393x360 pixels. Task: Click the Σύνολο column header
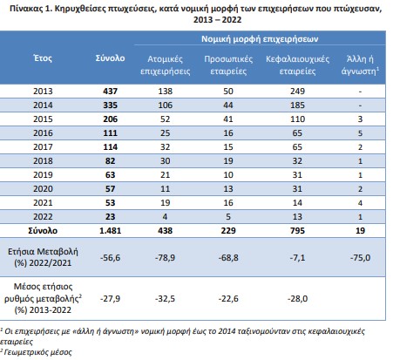110,58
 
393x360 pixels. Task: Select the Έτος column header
43,58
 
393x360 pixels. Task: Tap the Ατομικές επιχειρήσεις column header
166,65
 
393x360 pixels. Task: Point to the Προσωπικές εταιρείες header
228,65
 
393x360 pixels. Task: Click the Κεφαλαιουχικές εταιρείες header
298,65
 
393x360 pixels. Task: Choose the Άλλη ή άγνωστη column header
360,65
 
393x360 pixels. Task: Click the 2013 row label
43,92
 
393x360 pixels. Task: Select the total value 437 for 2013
110,92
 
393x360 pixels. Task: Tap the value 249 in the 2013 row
297,92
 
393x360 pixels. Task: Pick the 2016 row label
43,133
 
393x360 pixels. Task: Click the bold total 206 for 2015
110,119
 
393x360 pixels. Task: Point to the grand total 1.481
110,231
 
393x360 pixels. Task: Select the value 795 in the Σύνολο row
297,231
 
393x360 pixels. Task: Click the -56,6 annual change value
110,258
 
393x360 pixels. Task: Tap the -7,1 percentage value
297,258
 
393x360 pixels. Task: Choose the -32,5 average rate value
165,299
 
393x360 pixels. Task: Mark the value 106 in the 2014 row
166,105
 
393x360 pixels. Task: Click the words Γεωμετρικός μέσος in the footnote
37,352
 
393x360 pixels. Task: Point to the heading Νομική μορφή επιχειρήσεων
260,39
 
